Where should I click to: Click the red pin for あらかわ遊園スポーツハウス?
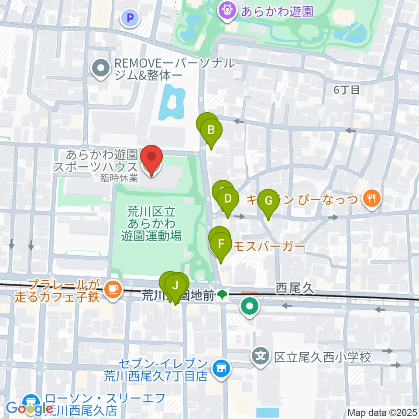coord(151,160)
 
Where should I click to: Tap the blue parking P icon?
coord(129,18)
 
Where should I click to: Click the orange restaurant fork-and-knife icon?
coord(372,199)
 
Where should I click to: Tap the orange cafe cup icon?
coord(113,288)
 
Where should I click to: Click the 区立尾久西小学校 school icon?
coord(261,357)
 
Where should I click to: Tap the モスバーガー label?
coord(268,246)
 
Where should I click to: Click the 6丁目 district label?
coord(346,90)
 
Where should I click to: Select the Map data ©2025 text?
coord(382,412)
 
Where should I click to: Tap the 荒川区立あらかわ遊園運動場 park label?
coord(151,224)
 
